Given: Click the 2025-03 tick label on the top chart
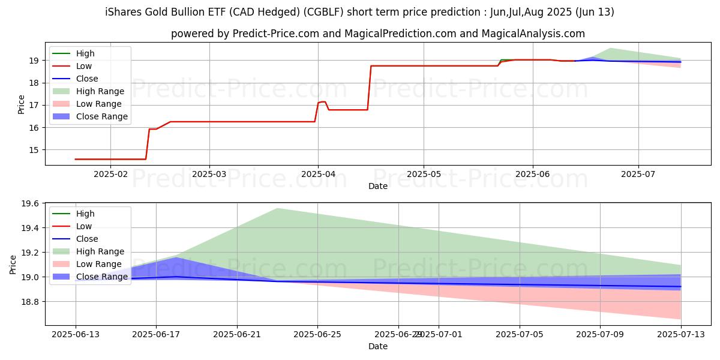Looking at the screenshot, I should pyautogui.click(x=209, y=174).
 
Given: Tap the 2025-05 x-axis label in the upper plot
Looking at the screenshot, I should pyautogui.click(x=424, y=174).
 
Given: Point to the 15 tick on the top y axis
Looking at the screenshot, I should pyautogui.click(x=35, y=150).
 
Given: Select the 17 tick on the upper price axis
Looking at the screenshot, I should pyautogui.click(x=35, y=105).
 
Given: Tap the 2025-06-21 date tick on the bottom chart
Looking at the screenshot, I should pyautogui.click(x=237, y=334).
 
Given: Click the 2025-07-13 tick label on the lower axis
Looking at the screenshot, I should pyautogui.click(x=681, y=334).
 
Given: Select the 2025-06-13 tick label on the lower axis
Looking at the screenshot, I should pyautogui.click(x=76, y=334).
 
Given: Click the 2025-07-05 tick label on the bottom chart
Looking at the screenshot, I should pyautogui.click(x=520, y=334).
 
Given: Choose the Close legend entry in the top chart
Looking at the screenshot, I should pyautogui.click(x=87, y=79).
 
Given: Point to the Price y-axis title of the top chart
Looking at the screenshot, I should pyautogui.click(x=22, y=104).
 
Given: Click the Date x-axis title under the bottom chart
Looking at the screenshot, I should pyautogui.click(x=378, y=346).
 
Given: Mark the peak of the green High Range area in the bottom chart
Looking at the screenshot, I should pyautogui.click(x=277, y=208).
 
